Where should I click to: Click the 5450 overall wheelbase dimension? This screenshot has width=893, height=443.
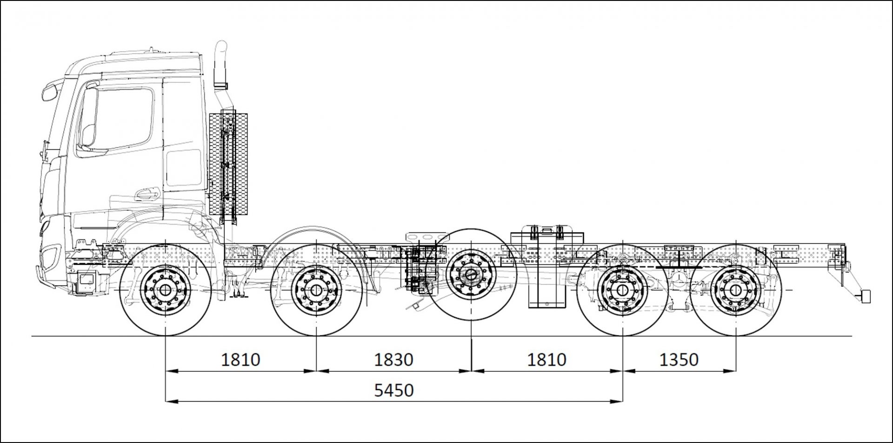pyautogui.click(x=394, y=390)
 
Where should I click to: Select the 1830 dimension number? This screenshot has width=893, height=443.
pyautogui.click(x=394, y=359)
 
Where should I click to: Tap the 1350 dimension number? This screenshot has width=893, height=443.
pyautogui.click(x=679, y=359)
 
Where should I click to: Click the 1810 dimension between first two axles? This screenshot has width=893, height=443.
pyautogui.click(x=240, y=359)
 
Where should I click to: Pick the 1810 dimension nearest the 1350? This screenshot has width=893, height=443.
pyautogui.click(x=546, y=359)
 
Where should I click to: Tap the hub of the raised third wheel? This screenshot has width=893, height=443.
pyautogui.click(x=471, y=274)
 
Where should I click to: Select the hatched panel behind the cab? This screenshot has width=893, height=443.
pyautogui.click(x=228, y=163)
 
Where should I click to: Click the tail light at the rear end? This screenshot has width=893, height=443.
pyautogui.click(x=865, y=296)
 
